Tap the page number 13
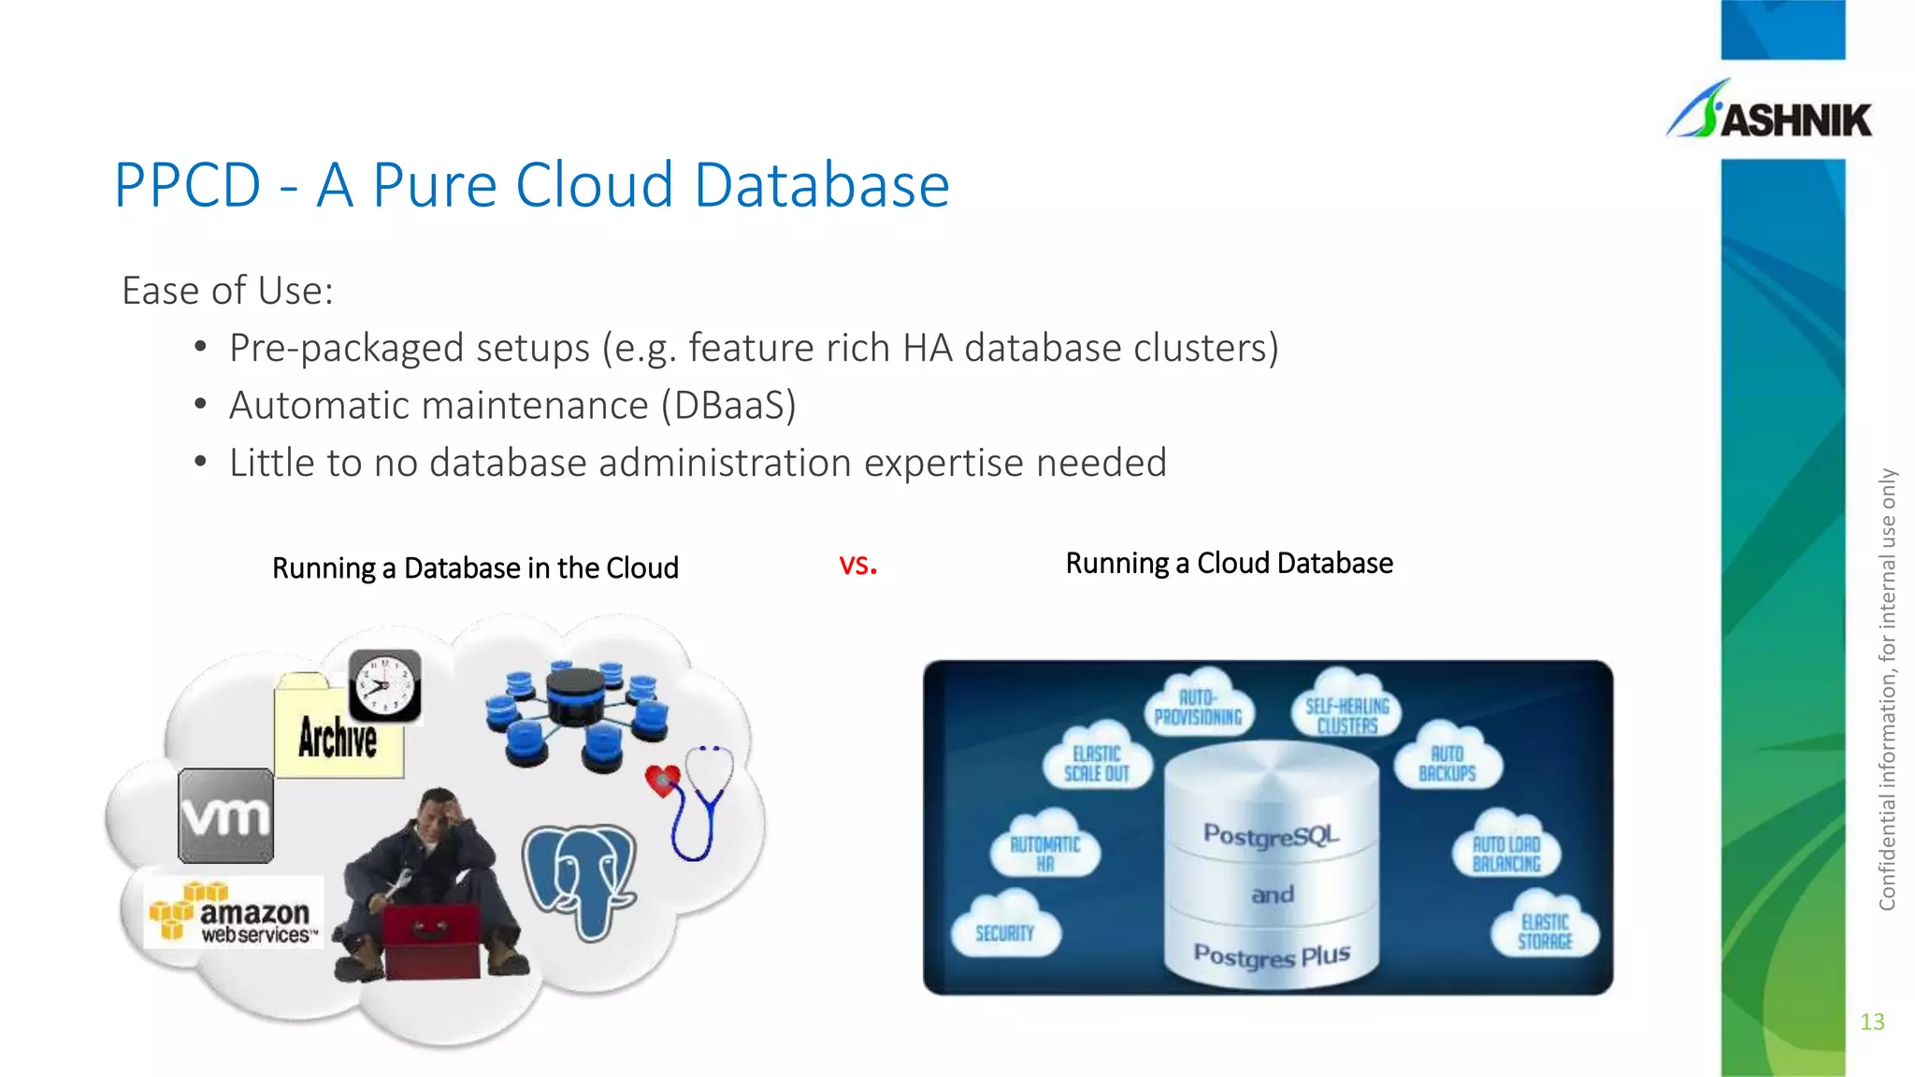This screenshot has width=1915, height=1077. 1872,1022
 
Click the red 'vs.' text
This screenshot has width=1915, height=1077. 857,565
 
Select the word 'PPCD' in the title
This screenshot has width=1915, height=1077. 187,185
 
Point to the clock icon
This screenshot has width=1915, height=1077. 384,686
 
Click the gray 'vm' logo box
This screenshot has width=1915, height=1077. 226,815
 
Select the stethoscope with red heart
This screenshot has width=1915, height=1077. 692,799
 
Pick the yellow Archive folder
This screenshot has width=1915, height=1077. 338,734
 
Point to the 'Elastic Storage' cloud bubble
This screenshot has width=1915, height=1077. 1545,929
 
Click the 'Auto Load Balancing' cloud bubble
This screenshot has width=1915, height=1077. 1506,852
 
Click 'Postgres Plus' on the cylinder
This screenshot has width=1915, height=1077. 1272,955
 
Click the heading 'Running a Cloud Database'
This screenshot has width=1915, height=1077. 1229,564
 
